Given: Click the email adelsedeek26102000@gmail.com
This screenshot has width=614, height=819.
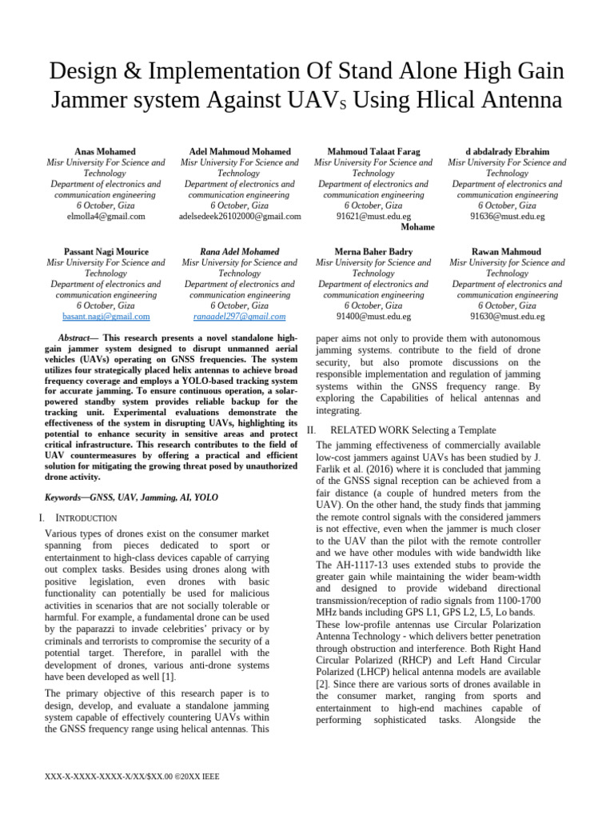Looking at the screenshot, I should pos(240,216).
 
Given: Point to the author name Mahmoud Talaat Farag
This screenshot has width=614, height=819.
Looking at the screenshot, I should pos(373,151).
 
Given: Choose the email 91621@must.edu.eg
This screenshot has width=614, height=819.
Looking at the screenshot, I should pos(373,216).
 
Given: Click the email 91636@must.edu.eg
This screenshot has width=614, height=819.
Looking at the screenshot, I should pos(507,216).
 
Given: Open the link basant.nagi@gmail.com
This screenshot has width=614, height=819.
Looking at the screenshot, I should pos(106,316).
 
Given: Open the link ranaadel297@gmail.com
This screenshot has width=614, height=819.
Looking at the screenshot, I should pos(240,316).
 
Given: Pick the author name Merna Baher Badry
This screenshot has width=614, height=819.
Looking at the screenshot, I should pos(373,251).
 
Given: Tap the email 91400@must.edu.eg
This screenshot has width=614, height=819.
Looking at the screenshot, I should pos(373,316).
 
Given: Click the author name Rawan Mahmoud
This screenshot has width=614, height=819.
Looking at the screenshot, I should pos(507,251).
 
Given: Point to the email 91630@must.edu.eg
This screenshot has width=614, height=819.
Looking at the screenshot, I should pos(507,316).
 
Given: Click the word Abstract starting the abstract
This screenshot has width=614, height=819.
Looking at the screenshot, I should pos(78,338).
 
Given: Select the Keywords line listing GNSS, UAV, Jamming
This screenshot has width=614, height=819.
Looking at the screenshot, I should pos(131,497).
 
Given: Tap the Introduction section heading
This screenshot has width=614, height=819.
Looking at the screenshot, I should pos(82,518).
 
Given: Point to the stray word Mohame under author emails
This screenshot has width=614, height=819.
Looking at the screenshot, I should pos(417,227).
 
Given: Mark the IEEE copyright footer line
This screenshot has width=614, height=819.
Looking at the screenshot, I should pos(134,776).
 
